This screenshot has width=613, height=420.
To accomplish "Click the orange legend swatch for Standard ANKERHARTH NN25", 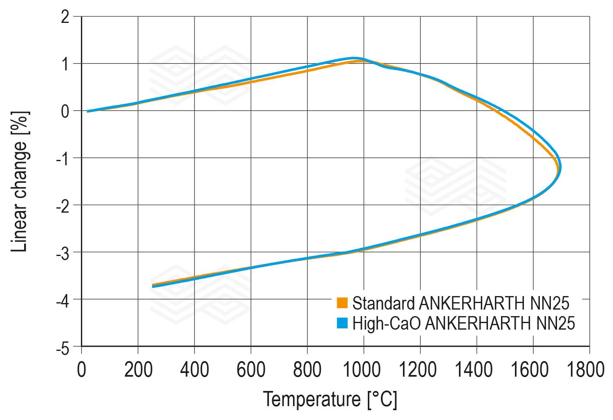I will [342, 303].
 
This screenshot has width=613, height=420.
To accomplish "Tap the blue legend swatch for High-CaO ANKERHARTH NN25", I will [342, 323].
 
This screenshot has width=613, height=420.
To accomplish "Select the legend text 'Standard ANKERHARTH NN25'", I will [461, 303].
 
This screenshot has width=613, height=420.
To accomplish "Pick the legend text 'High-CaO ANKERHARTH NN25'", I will [463, 323].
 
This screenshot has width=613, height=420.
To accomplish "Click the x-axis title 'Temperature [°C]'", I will [330, 399].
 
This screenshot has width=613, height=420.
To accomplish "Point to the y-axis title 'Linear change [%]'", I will [20, 182].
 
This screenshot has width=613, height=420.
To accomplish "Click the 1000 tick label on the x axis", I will [362, 370].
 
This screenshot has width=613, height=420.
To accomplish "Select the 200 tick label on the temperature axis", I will [138, 370].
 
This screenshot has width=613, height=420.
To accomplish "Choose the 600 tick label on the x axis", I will [251, 370].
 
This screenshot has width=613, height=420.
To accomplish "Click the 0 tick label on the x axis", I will [82, 370].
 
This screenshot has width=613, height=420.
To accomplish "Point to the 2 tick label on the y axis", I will [65, 17].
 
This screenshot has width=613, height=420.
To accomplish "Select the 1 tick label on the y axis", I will [65, 64].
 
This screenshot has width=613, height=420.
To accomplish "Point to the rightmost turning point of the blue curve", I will [560, 167].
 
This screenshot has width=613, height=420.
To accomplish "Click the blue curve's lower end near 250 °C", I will [153, 286].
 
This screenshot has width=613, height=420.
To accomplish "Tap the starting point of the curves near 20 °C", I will [88, 111].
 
